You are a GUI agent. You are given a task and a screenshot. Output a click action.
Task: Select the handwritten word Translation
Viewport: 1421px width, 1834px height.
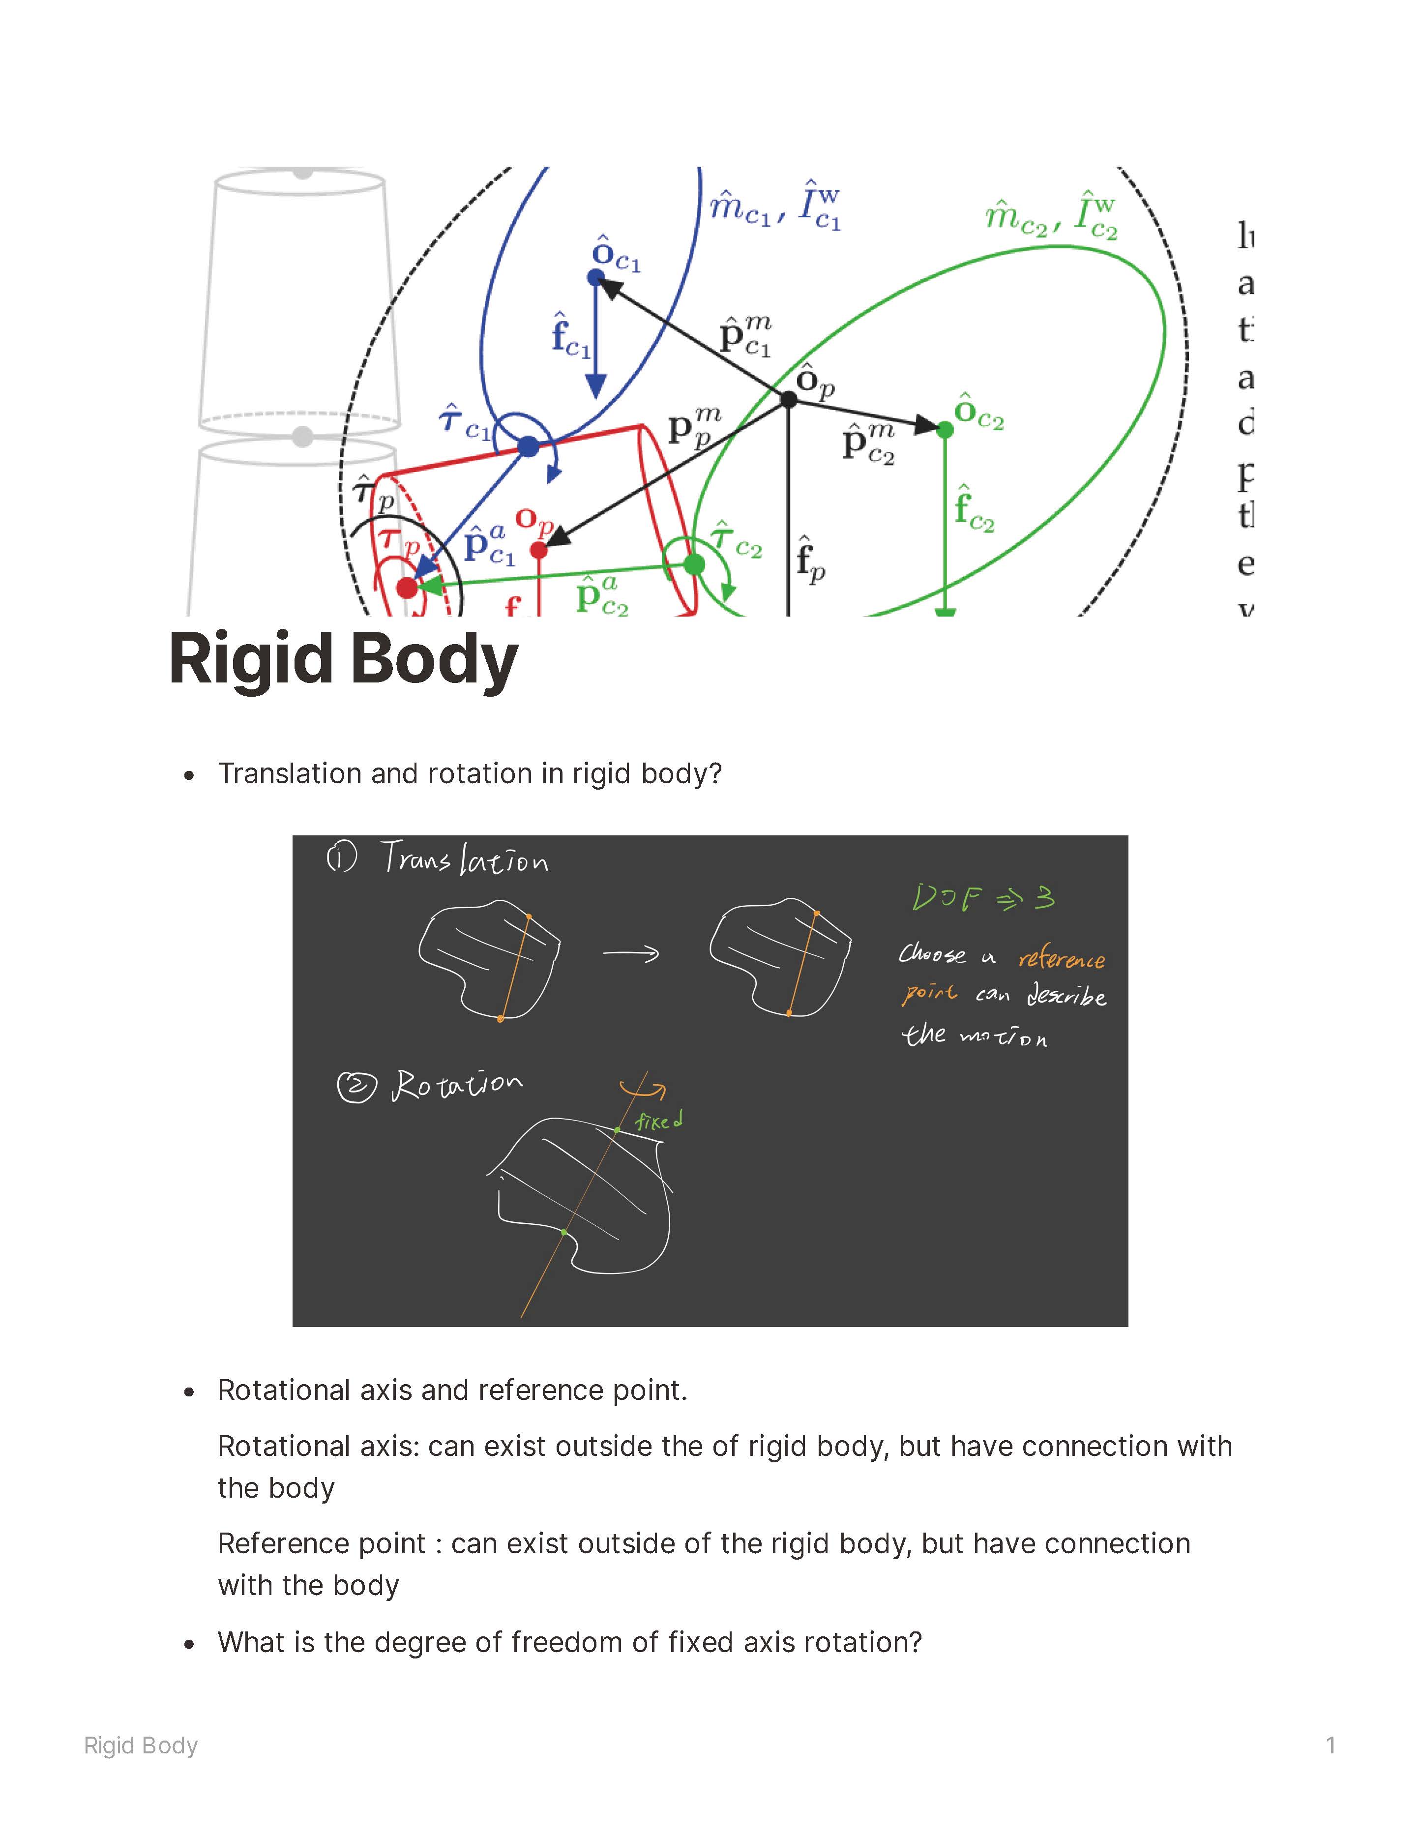pos(465,859)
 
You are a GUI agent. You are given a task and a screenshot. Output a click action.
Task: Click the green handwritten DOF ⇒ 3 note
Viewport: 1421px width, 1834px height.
pos(982,898)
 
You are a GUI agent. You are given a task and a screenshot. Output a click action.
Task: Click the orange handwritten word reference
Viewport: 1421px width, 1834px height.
pos(1062,959)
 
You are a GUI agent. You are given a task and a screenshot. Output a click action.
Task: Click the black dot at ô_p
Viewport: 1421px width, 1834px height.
pos(789,400)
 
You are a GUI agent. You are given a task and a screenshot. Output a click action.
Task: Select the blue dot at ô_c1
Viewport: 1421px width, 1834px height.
pos(596,277)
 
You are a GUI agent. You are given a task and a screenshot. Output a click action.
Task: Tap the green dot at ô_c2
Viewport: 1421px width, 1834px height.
pos(945,430)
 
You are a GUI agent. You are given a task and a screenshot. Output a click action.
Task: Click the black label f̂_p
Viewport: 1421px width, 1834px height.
pos(810,559)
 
